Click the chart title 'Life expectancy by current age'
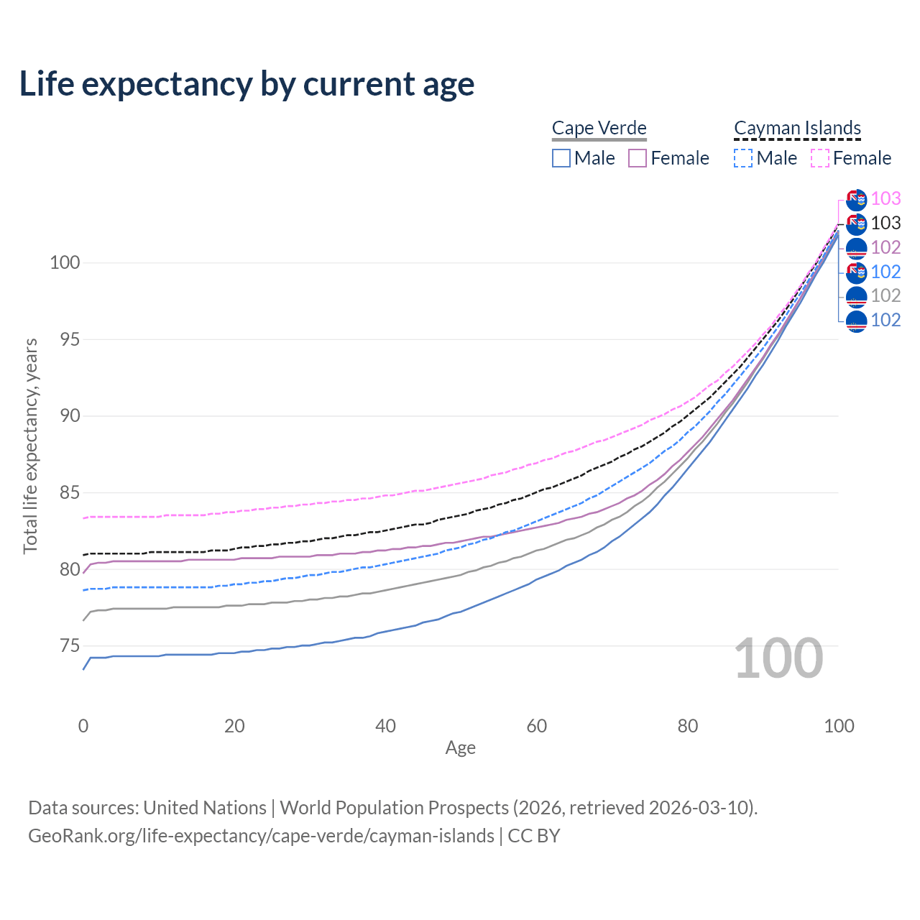click(247, 84)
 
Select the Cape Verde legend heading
click(599, 128)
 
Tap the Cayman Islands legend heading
click(797, 128)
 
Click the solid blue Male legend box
click(561, 158)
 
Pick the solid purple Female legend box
click(638, 158)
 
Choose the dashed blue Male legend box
click(743, 158)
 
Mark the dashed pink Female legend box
click(820, 158)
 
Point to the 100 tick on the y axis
click(64, 262)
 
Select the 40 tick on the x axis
click(385, 726)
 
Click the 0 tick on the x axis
click(83, 726)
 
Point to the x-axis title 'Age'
click(460, 747)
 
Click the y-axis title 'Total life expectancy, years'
click(30, 446)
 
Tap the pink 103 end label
click(885, 198)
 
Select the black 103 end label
click(885, 223)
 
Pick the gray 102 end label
click(885, 295)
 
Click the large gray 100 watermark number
click(778, 658)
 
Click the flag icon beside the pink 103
click(856, 199)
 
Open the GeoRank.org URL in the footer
click(261, 836)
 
